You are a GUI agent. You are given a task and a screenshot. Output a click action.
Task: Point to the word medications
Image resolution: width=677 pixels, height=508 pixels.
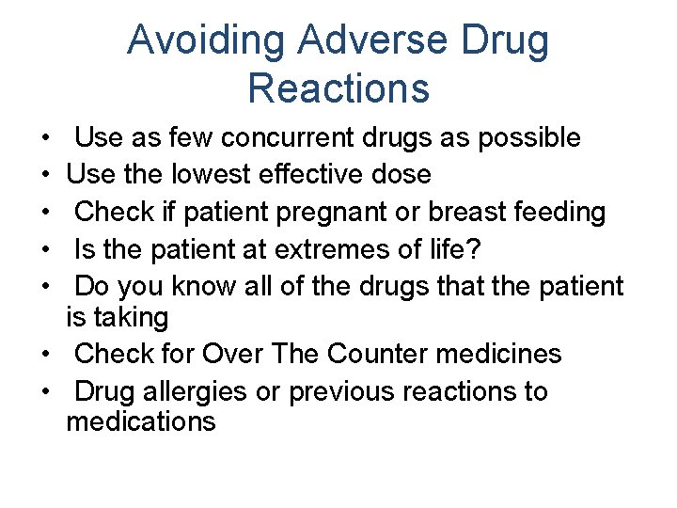click(x=141, y=421)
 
